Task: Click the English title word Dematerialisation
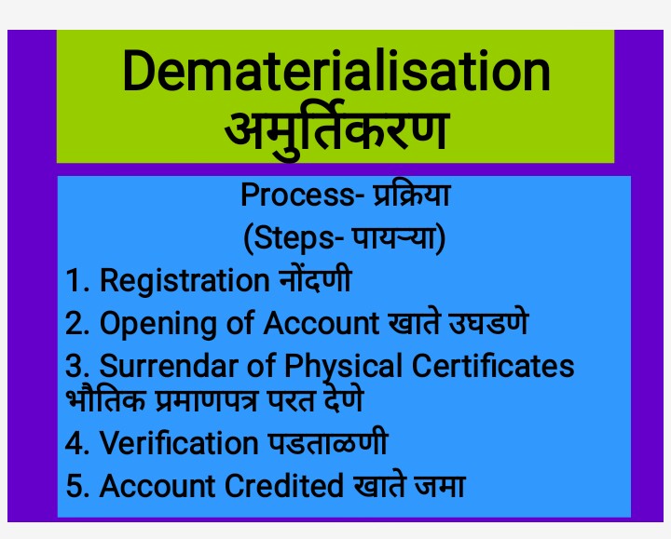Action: point(335,73)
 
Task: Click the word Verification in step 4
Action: point(178,443)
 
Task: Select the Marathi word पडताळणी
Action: point(325,443)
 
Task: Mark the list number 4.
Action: point(75,443)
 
